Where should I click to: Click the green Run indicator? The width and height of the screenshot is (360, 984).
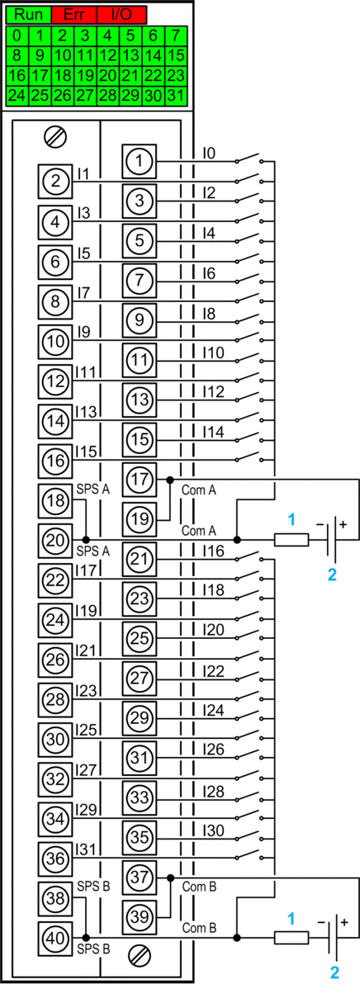29,14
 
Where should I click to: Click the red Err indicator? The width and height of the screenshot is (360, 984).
74,14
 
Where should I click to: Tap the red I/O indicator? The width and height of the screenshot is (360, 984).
121,14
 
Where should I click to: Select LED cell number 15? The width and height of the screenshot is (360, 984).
176,55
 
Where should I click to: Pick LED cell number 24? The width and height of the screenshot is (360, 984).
17,96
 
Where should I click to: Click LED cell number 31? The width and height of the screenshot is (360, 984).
176,96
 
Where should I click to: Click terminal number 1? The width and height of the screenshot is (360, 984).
140,161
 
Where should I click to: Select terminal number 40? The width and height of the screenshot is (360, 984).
55,939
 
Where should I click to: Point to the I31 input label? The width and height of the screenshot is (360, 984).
85,849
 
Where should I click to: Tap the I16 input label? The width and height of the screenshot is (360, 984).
213,551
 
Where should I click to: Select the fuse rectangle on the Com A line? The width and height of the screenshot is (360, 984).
291,540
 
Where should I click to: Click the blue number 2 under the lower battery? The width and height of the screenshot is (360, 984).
335,972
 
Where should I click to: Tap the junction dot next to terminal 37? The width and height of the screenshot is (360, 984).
170,878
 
